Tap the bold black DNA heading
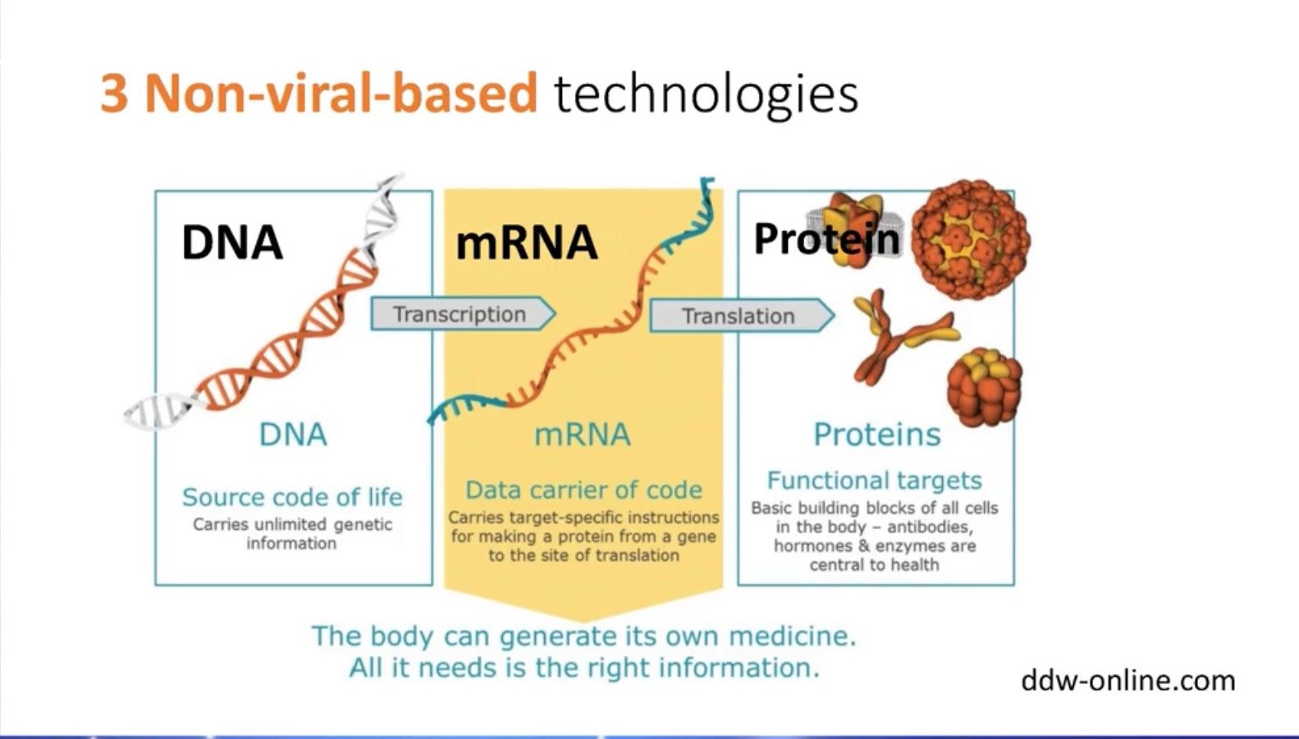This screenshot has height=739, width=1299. [x=232, y=242]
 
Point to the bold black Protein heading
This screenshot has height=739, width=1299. [x=827, y=239]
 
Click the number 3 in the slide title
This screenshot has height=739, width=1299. [x=114, y=94]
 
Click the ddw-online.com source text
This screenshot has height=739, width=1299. [x=1128, y=681]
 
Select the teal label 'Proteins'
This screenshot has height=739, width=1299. [x=877, y=434]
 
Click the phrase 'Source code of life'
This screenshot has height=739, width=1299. [x=292, y=497]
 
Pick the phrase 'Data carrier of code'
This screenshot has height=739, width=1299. [x=583, y=490]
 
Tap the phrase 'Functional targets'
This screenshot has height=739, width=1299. [x=875, y=481]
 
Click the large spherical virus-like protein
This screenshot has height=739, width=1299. [x=970, y=239]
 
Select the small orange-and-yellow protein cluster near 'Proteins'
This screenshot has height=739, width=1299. [x=984, y=387]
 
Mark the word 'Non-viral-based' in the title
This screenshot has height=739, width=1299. [x=341, y=94]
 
